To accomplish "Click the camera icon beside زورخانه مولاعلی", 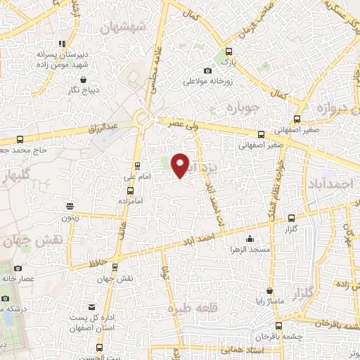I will (207, 70).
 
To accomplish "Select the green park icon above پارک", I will (227, 51).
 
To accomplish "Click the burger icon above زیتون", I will (70, 206).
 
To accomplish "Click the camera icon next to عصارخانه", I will (18, 268).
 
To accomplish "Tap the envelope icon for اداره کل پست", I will (92, 307).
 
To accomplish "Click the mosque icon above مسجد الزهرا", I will (250, 238).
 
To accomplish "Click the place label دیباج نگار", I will (82, 89).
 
